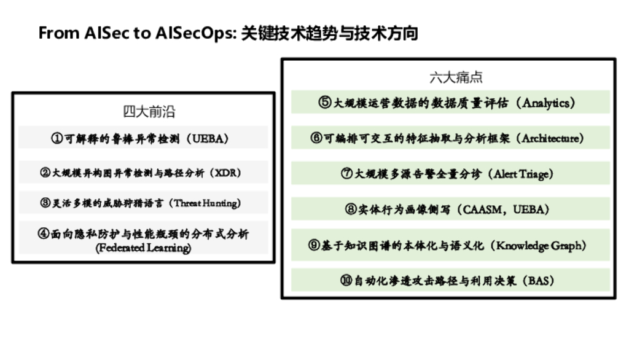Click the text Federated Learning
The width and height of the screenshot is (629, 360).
[143, 248]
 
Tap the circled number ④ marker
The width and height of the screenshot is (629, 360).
[44, 233]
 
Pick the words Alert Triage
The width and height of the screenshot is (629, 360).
[523, 174]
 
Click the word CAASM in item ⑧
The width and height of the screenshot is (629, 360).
[483, 209]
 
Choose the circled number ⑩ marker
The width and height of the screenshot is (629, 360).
[346, 281]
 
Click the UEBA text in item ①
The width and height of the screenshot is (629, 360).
[209, 138]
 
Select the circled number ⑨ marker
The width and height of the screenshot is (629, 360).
[314, 246]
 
